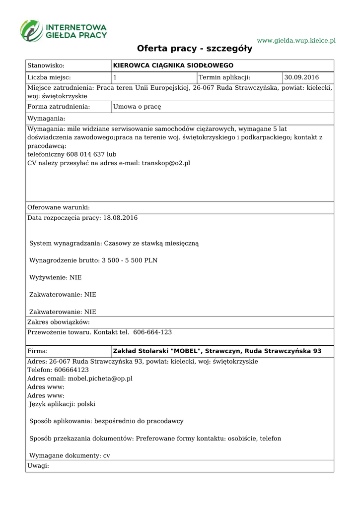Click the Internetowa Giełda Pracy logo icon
point(31,30)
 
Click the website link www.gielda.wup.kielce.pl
point(296,40)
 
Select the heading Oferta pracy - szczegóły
point(195,49)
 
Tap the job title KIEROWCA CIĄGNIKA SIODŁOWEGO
point(173,65)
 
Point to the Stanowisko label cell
point(47,65)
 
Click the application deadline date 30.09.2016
point(301,77)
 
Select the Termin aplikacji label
point(224,77)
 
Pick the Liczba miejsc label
point(49,77)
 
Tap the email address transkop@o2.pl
point(166,163)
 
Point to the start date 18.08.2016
point(120,218)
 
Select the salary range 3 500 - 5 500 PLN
point(130,260)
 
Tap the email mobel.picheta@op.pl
point(100,378)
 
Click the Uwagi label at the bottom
point(38,466)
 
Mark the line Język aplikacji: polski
point(62,404)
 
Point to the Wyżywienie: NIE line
point(56,277)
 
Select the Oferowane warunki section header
point(59,207)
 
